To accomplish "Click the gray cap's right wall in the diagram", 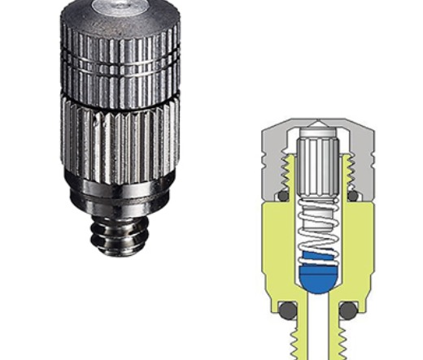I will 367,158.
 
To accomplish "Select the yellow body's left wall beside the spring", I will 277,244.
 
